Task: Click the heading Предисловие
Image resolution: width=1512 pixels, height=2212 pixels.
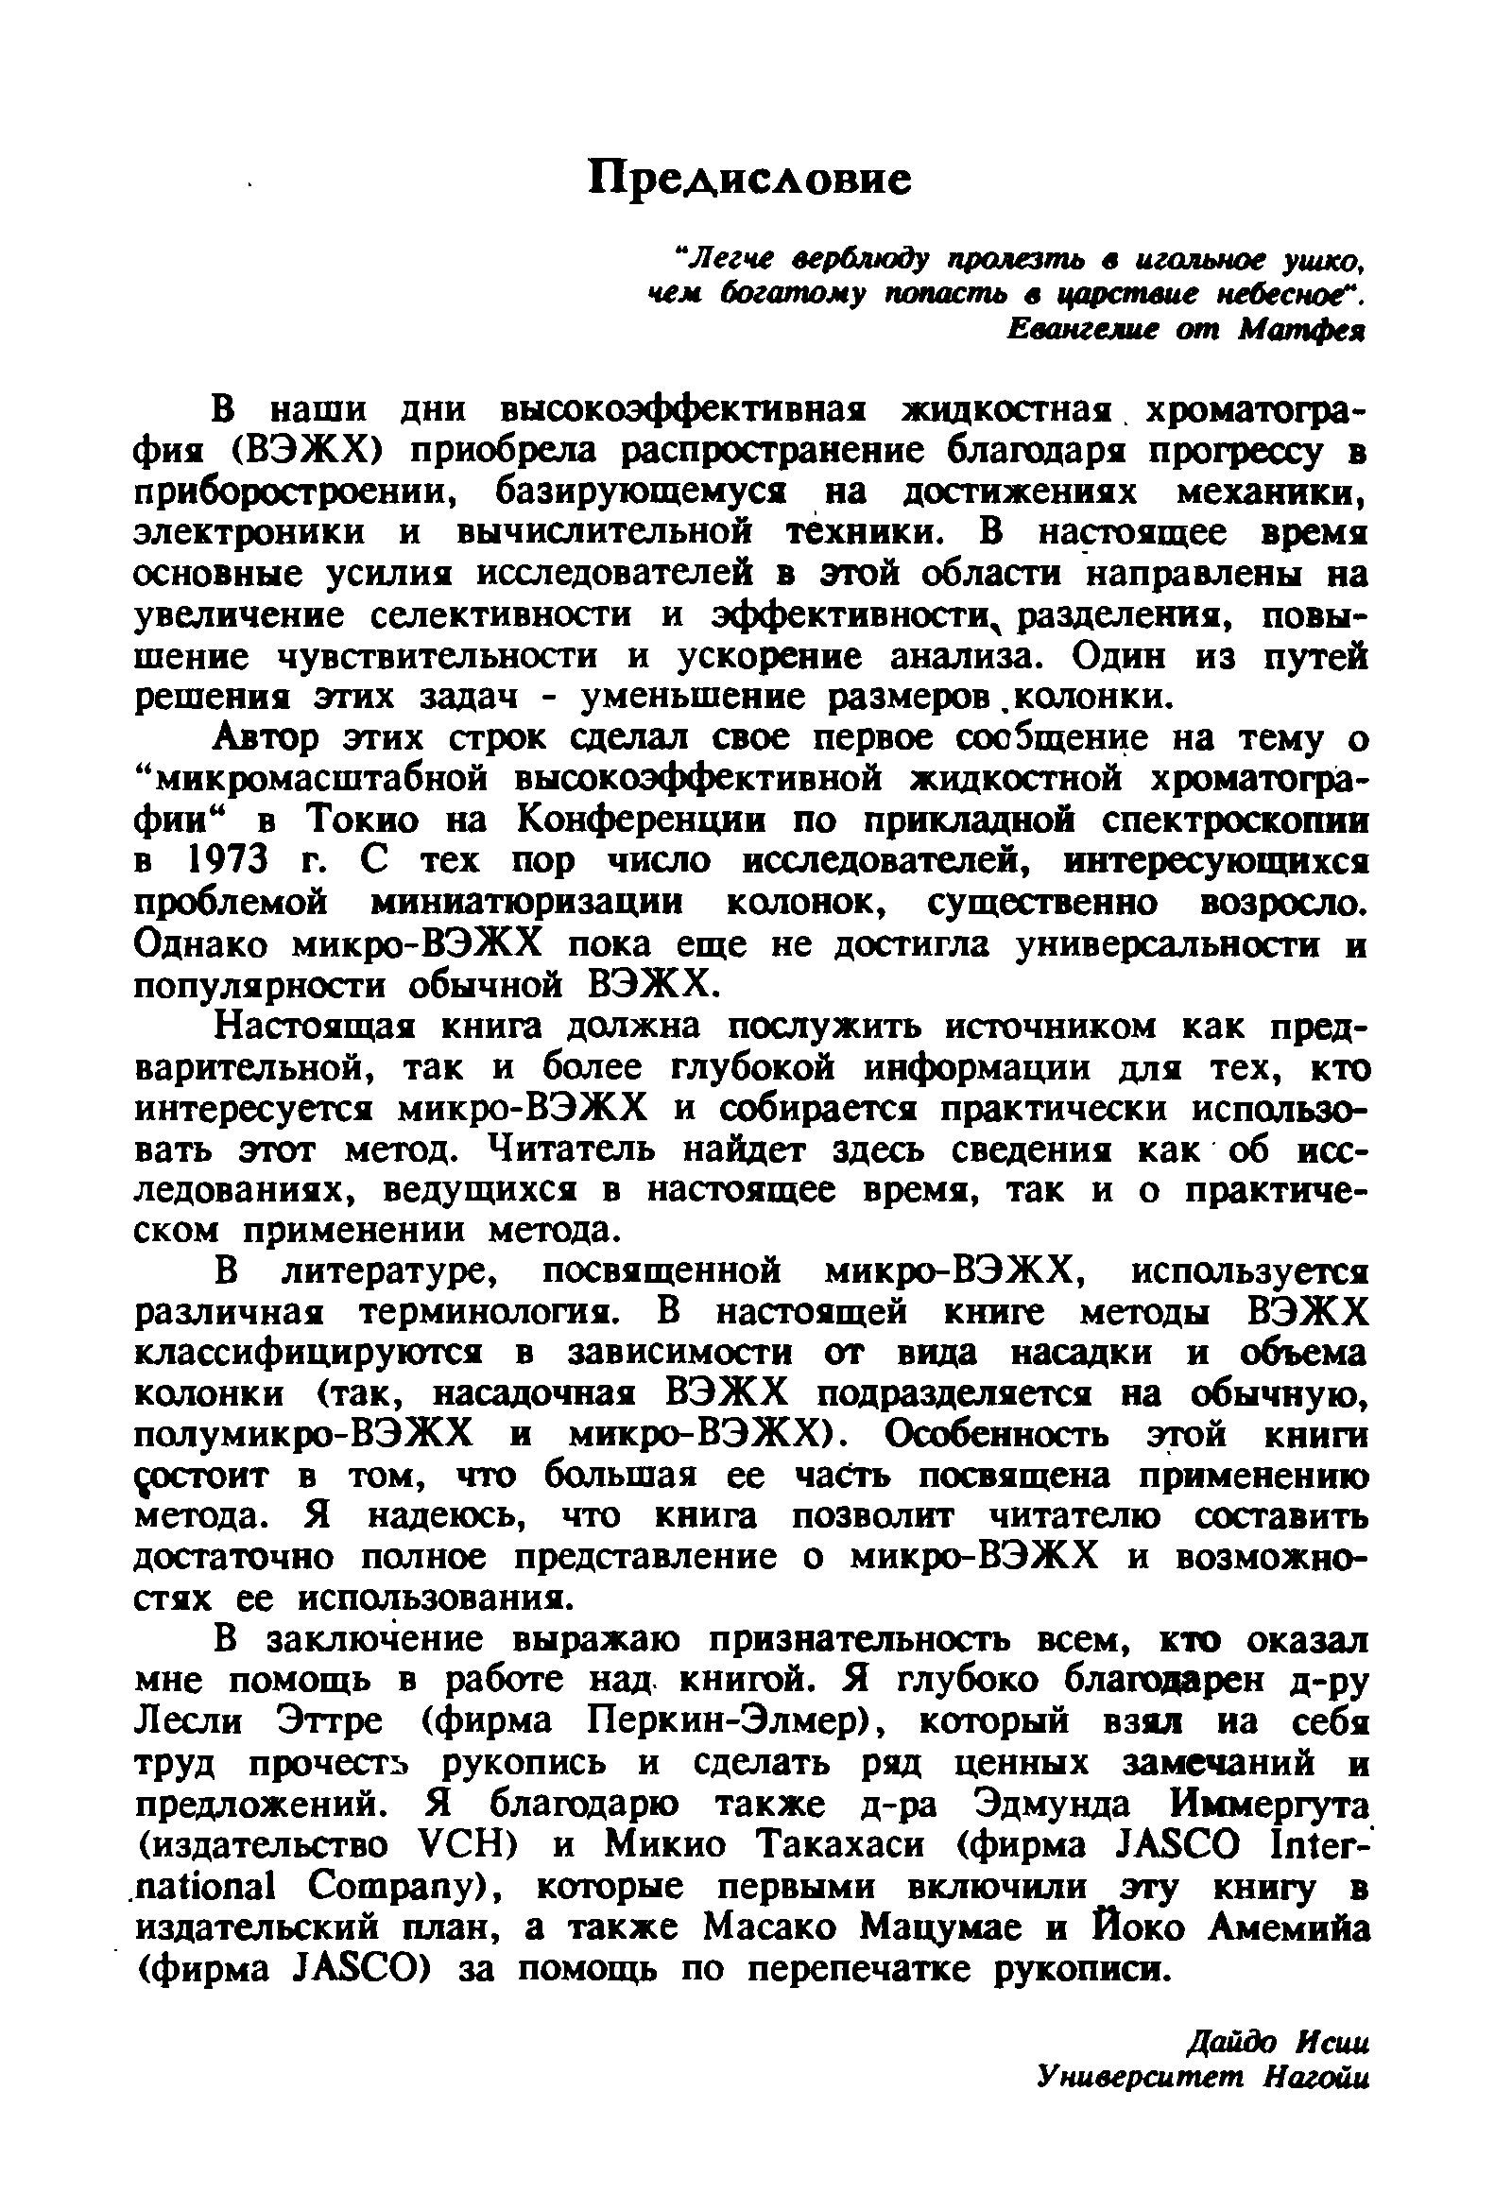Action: pos(749,177)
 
